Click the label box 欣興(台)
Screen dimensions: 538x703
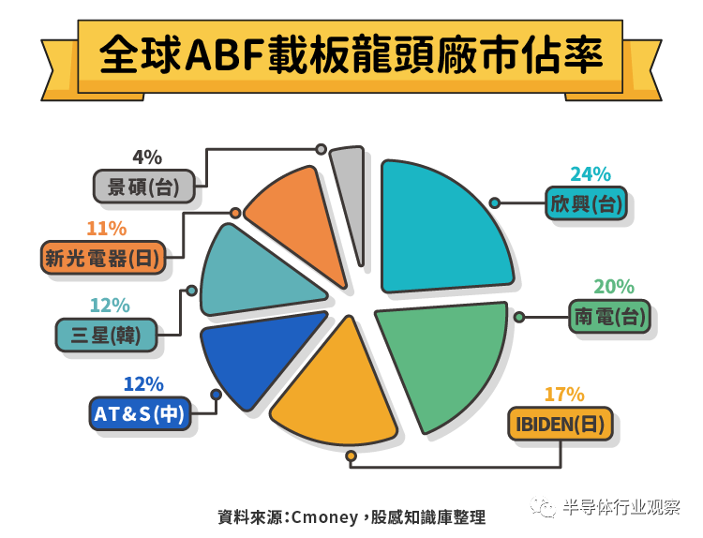tap(586, 202)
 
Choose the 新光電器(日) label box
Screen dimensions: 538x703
tap(103, 257)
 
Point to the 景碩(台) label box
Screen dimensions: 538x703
tap(144, 186)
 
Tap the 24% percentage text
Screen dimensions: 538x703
tap(591, 173)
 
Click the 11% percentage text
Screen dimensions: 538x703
tap(106, 228)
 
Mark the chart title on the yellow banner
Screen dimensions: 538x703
tap(351, 55)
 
